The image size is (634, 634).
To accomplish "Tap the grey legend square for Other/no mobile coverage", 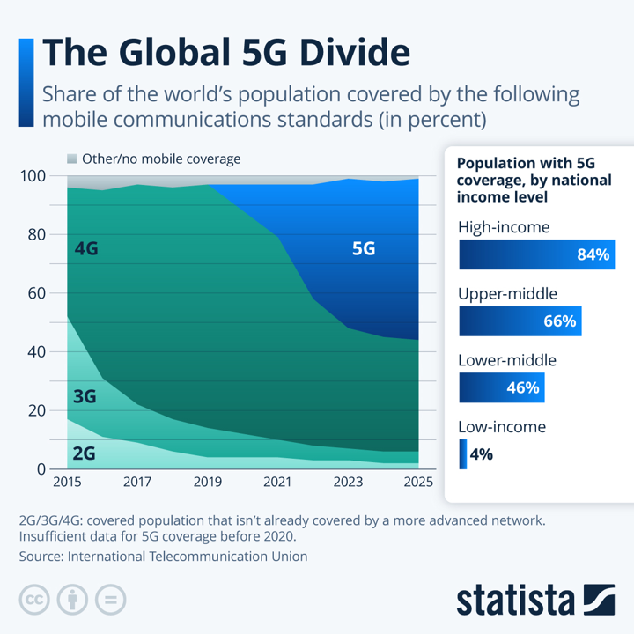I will tap(72, 159).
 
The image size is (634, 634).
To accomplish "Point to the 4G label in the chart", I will tap(86, 249).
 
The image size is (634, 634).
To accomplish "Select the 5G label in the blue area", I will tap(364, 249).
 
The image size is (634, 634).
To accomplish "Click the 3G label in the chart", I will tap(85, 396).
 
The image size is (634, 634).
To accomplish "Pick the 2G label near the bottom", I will tap(83, 453).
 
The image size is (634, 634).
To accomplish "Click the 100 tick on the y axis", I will tap(33, 176).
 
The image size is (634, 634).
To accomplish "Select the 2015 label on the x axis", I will tap(67, 483).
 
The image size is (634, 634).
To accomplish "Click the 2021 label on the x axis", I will tap(278, 483).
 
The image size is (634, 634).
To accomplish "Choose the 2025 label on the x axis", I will tap(418, 483).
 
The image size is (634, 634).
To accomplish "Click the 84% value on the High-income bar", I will tap(593, 254).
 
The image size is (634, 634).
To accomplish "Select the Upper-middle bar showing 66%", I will tap(520, 321).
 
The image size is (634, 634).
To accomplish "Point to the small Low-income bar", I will tap(462, 454).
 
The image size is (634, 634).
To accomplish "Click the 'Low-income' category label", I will tap(502, 427).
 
